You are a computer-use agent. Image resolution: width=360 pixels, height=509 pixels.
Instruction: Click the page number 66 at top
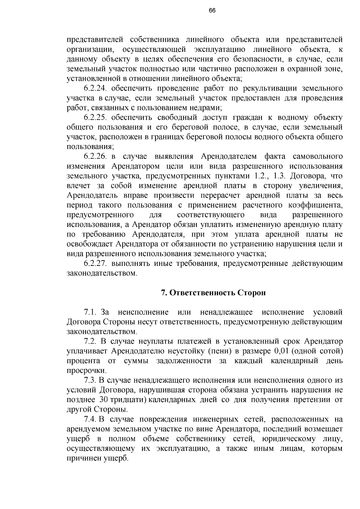click(x=212, y=10)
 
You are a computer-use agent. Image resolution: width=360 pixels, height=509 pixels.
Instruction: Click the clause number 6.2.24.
click(x=96, y=88)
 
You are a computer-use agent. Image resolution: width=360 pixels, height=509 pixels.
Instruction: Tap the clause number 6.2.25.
click(x=96, y=118)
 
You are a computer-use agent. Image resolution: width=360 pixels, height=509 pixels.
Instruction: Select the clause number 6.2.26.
click(x=96, y=156)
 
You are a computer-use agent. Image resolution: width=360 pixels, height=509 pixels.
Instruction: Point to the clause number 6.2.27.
click(x=96, y=264)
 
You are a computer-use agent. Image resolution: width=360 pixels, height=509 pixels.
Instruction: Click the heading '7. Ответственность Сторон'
click(x=213, y=293)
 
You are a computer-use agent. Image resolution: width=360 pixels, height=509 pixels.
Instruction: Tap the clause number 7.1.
click(x=90, y=312)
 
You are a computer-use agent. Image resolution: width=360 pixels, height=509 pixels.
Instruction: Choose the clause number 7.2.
click(x=90, y=341)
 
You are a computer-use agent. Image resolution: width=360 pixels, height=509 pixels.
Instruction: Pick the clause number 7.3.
click(x=90, y=380)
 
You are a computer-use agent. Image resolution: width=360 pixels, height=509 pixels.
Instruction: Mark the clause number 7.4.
click(x=90, y=419)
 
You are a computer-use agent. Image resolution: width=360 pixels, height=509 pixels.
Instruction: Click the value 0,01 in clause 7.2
click(x=281, y=351)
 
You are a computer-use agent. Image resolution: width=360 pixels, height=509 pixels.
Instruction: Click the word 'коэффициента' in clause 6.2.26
click(x=315, y=205)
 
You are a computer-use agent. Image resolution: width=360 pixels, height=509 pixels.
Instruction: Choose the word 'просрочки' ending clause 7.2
click(x=87, y=371)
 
